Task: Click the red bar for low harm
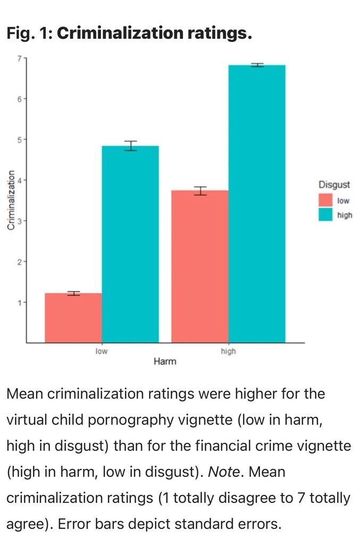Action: click(73, 318)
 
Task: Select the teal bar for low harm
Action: click(130, 244)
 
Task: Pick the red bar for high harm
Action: click(200, 266)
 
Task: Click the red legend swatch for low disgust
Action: click(325, 201)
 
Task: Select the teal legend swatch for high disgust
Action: click(325, 215)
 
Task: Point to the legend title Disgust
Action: click(334, 185)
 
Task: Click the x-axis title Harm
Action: click(165, 362)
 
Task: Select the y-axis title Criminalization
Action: click(11, 199)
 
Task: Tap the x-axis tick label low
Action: click(102, 351)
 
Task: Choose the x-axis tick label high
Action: click(228, 351)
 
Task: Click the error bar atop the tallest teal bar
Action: click(257, 65)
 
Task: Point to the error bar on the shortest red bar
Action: click(73, 293)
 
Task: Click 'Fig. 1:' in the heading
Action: click(29, 34)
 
